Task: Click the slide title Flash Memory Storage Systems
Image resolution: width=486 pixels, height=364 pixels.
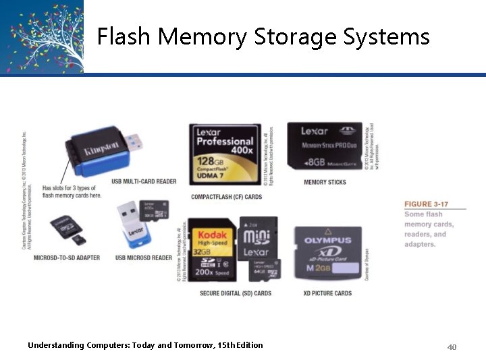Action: point(263,36)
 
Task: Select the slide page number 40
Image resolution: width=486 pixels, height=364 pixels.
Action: point(452,347)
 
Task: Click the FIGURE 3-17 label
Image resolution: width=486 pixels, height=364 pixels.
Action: point(425,204)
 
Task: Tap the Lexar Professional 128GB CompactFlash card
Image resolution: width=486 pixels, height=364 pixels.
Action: point(224,154)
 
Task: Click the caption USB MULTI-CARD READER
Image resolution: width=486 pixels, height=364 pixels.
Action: point(144,181)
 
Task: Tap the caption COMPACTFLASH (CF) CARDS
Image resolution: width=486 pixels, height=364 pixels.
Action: point(226,197)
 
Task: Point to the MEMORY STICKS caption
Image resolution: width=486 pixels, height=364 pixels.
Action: point(325,182)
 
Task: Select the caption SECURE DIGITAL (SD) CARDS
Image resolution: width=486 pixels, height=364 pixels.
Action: point(236,293)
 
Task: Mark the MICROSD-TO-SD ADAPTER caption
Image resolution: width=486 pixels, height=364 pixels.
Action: point(66,258)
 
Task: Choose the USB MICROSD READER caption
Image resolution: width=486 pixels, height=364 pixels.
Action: point(143,258)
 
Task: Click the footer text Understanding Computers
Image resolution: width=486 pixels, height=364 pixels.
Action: point(145,345)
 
